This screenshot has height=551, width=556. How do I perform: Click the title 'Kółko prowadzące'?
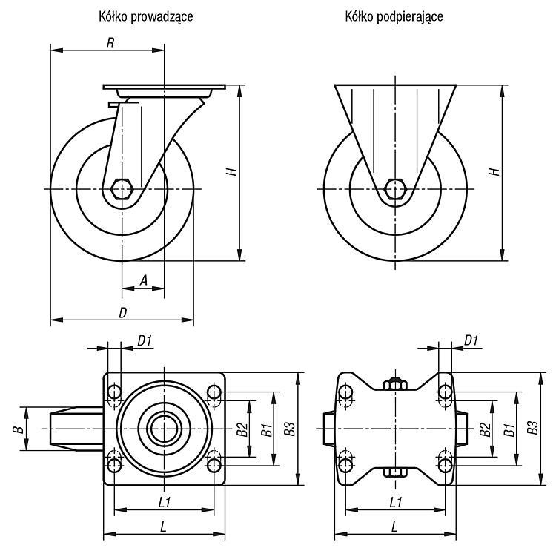pos(146,16)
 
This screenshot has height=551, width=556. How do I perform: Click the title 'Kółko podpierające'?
pos(394,16)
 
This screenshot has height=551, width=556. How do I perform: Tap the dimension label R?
pos(110,43)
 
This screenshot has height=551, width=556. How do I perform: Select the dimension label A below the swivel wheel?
pos(144,280)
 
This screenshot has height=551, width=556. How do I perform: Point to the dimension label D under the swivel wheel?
pos(122,313)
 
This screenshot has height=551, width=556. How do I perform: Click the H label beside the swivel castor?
pos(232,172)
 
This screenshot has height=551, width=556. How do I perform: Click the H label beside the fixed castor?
pos(494,172)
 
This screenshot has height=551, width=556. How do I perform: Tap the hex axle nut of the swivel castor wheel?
pos(122,189)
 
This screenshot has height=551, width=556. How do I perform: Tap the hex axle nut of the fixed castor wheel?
pos(395,189)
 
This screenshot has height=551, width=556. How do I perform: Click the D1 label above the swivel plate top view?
pos(145,341)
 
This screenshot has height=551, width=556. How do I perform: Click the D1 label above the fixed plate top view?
pos(471,340)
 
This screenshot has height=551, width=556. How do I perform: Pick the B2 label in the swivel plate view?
pos(242,429)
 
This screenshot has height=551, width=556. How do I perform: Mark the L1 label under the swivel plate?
pos(165,502)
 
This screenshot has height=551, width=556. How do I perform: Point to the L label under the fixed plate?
pos(394,527)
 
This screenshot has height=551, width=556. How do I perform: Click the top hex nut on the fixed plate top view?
pos(395,384)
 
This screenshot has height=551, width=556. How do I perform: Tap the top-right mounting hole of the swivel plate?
pos(214,392)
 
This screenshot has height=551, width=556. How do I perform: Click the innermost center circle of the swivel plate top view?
pos(164,429)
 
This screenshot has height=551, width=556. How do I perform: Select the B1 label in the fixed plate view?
pos(509,429)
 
